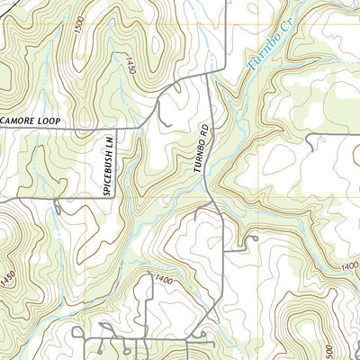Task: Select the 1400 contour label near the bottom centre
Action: point(163,280)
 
